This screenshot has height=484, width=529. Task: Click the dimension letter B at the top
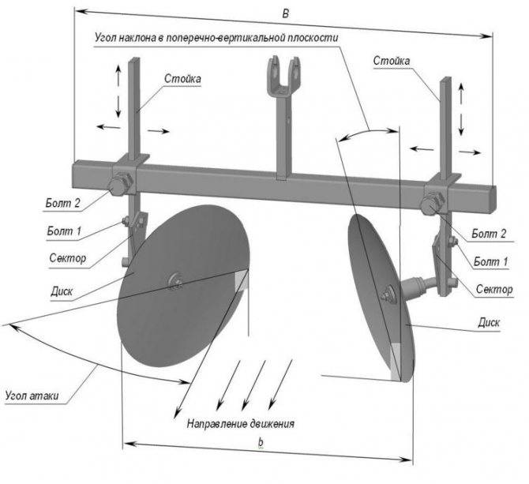coord(286,14)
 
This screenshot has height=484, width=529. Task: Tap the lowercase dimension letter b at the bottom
coord(261,442)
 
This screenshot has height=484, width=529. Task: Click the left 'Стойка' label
coord(182,79)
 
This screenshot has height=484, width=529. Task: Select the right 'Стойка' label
coord(392,61)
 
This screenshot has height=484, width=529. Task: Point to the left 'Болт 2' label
coord(63,203)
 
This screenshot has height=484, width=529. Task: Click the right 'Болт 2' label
coord(489,234)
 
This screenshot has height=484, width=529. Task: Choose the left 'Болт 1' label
coord(64,231)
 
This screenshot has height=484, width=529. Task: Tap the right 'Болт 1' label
coord(490,261)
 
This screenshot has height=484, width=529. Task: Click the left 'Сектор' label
coord(67,258)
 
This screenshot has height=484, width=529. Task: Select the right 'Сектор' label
coord(494,289)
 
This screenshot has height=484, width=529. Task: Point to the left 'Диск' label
coord(62,291)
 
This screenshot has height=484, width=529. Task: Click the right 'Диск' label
coord(489,322)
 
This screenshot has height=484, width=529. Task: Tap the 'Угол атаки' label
coord(32,396)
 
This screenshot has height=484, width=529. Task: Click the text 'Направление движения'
coord(241,423)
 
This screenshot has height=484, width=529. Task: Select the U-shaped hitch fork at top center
coord(283,76)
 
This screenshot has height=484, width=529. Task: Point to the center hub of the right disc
coord(388,294)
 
